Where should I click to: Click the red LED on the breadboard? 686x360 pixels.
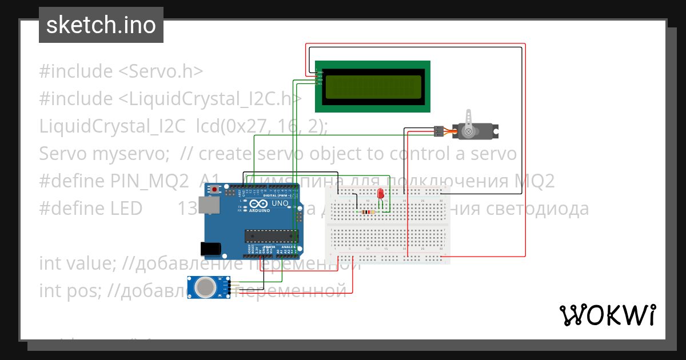(x=380, y=195)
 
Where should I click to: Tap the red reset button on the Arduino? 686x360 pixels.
(x=215, y=189)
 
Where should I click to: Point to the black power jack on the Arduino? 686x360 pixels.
(x=210, y=248)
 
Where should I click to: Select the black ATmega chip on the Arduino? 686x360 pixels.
(x=271, y=235)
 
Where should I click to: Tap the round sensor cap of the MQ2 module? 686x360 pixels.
(x=204, y=287)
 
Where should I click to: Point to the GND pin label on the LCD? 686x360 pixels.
(x=320, y=72)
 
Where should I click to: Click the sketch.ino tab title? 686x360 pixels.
(x=101, y=25)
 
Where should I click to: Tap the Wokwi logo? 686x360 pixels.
(x=607, y=315)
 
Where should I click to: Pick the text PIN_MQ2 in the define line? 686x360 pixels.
(x=147, y=181)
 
